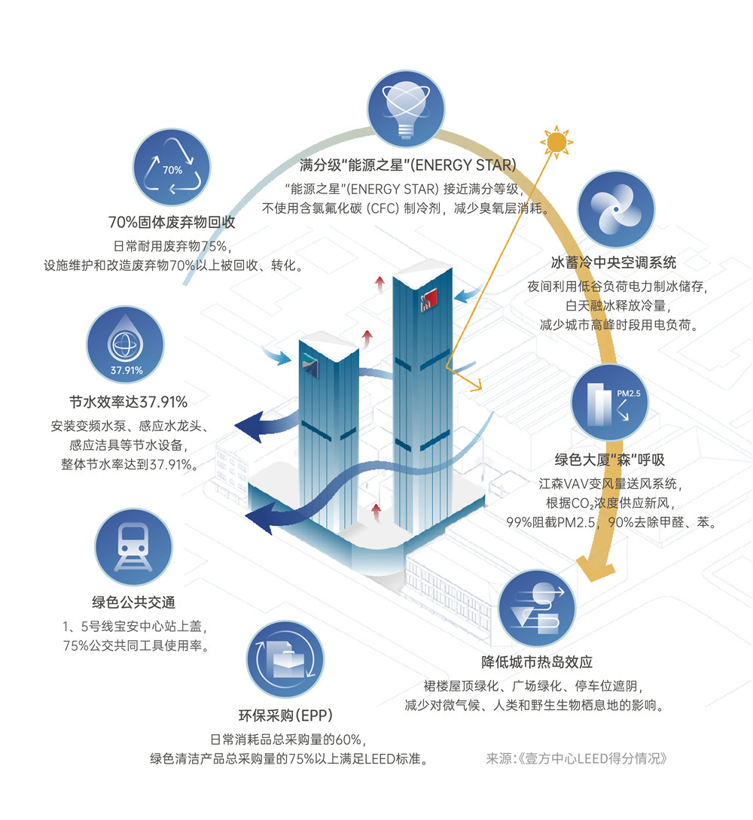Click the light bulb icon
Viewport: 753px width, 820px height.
click(406, 109)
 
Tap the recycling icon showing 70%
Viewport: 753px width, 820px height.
click(172, 167)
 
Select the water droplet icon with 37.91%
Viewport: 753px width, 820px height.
click(125, 345)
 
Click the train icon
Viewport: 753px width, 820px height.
click(133, 547)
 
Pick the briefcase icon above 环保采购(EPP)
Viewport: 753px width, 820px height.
click(285, 660)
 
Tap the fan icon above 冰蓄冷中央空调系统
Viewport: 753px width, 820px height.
click(616, 208)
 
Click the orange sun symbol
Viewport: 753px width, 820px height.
click(556, 141)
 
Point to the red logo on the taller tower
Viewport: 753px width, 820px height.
click(429, 299)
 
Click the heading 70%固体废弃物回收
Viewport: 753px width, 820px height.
click(172, 222)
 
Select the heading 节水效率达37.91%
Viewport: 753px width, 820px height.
click(128, 402)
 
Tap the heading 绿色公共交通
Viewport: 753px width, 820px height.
click(133, 603)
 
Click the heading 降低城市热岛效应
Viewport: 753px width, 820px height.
click(537, 662)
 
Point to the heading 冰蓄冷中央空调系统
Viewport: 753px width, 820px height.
click(614, 263)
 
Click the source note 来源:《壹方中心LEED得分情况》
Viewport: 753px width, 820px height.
click(577, 758)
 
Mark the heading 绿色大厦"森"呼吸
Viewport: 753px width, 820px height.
click(610, 460)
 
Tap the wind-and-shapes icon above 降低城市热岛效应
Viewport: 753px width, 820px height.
click(537, 608)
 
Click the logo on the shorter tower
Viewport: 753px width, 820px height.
click(310, 365)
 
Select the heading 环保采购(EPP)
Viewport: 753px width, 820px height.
click(285, 715)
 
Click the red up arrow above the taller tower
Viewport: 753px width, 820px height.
click(380, 283)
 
